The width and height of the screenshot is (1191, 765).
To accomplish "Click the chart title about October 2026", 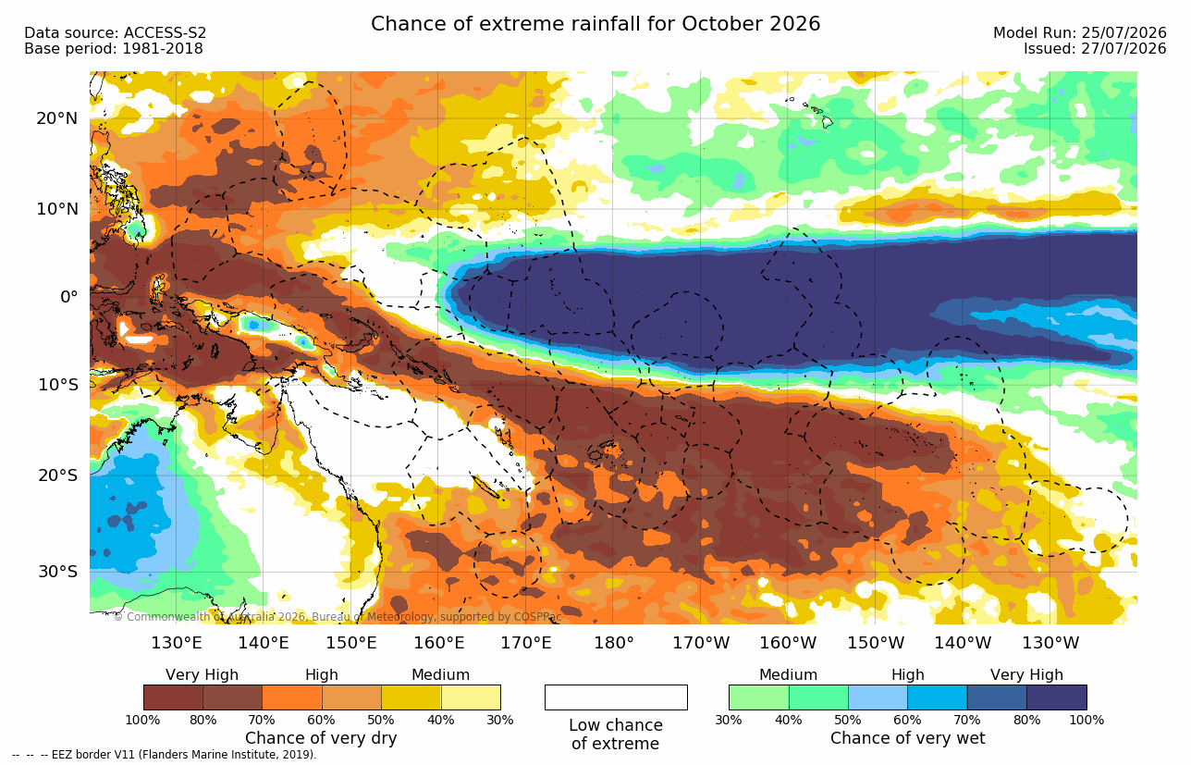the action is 595,24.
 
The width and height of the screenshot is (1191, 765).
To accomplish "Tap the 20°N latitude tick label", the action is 57,118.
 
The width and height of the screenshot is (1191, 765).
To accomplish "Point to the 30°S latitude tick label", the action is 58,572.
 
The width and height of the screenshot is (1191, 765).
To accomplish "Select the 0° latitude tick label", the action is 69,296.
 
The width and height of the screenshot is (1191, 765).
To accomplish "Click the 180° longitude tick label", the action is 614,643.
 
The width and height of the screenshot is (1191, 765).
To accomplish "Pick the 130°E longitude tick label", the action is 177,643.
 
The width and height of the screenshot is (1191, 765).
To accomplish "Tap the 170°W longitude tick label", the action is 701,643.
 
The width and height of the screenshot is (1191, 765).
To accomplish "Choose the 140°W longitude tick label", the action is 963,643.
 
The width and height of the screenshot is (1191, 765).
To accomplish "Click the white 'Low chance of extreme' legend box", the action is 616,697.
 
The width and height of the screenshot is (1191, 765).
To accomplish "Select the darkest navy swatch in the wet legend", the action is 1057,697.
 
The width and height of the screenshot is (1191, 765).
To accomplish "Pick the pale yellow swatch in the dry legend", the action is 471,697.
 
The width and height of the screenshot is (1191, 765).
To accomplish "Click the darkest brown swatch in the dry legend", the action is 173,697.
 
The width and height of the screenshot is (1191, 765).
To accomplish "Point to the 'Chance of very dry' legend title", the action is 321,738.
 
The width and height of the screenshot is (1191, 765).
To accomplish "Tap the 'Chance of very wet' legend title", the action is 908,738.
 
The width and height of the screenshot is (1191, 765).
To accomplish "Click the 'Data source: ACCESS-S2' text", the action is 115,33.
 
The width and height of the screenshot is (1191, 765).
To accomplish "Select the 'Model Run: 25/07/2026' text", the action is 1080,33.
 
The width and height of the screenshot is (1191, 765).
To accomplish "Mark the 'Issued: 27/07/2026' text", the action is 1095,48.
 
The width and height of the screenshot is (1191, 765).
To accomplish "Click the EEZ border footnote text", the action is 165,755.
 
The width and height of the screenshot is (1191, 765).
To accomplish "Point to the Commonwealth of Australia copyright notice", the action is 338,617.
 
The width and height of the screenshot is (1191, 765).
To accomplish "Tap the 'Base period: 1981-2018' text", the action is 113,48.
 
